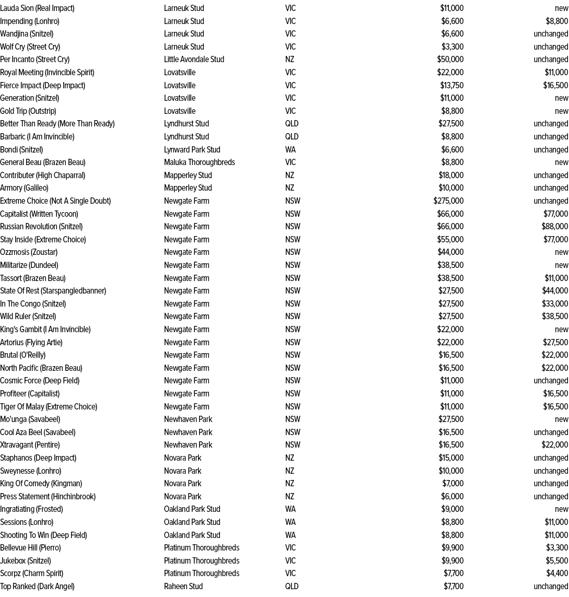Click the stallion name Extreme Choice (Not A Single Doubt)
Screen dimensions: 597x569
55,201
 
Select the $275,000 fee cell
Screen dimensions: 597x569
448,201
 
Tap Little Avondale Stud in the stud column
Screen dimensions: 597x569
194,60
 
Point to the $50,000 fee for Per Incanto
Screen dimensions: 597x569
450,60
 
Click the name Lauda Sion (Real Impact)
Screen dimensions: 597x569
37,8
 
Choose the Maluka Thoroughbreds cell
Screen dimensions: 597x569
199,162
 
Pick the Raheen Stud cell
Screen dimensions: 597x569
183,587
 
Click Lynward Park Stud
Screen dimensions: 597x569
192,150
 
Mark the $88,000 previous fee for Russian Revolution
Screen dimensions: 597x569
555,227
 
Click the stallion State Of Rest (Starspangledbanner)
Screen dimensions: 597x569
53,291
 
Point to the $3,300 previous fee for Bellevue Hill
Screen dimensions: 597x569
557,548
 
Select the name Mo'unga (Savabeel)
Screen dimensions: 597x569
30,419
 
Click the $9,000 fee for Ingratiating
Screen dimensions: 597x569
452,509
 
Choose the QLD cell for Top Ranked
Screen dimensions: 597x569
292,587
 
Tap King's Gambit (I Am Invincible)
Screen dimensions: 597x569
45,330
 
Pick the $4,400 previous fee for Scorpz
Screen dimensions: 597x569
557,573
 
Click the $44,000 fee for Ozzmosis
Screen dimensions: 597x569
450,252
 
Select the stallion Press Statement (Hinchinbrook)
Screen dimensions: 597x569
48,497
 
